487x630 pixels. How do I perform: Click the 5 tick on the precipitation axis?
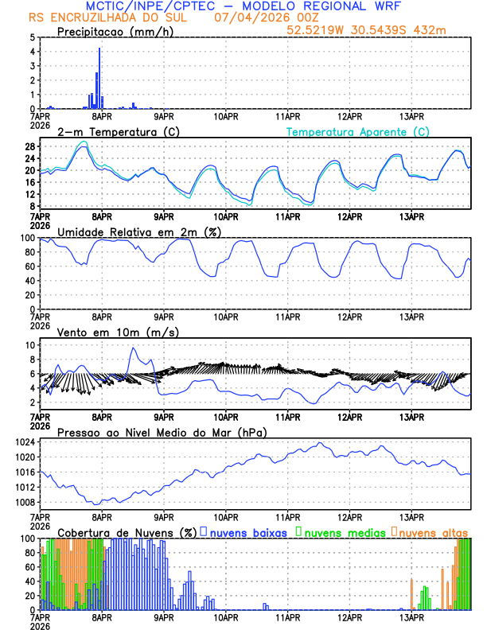(x=32, y=37)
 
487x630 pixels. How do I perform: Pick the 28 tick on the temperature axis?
(x=28, y=146)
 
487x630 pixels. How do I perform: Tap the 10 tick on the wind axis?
(x=28, y=345)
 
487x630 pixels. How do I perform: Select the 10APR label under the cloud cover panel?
(x=226, y=616)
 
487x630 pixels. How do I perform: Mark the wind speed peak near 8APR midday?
(x=133, y=348)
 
